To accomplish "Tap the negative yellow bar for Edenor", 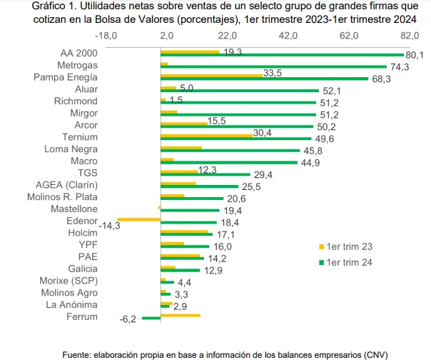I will click(138, 219).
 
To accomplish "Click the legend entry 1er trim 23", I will click(350, 246).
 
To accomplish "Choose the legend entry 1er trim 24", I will click(350, 261).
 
